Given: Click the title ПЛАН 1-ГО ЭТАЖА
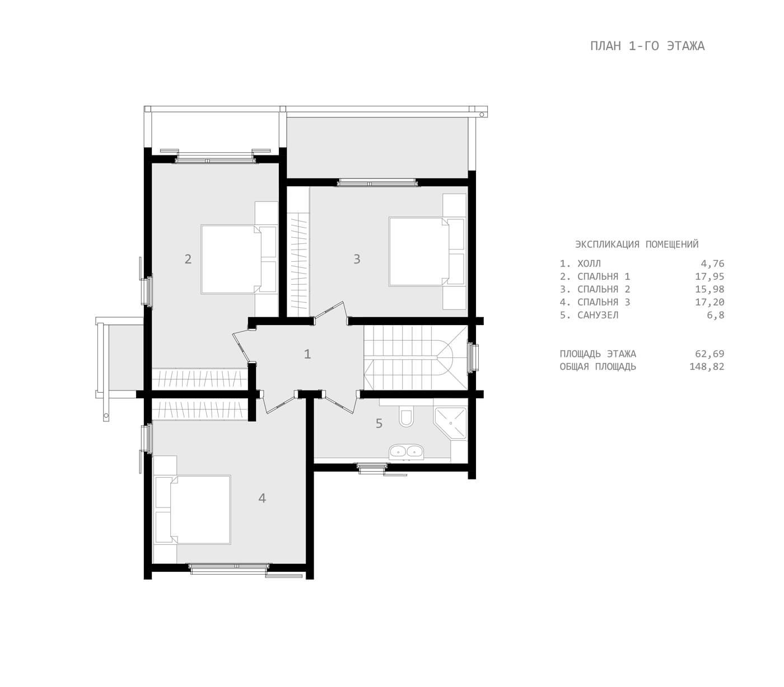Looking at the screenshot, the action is pyautogui.click(x=647, y=46).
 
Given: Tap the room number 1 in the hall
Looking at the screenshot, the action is pyautogui.click(x=307, y=354).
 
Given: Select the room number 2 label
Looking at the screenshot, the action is pyautogui.click(x=188, y=259).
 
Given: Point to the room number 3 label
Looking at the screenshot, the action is pyautogui.click(x=357, y=259).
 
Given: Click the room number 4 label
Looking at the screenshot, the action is pyautogui.click(x=262, y=498).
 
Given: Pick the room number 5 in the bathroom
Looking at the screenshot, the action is pyautogui.click(x=379, y=424).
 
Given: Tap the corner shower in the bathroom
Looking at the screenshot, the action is pyautogui.click(x=451, y=423).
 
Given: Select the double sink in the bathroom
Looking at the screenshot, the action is pyautogui.click(x=407, y=451).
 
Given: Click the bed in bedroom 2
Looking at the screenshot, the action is pyautogui.click(x=239, y=259).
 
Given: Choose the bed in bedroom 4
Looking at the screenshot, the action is pyautogui.click(x=193, y=510).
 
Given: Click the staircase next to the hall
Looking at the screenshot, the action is pyautogui.click(x=416, y=357).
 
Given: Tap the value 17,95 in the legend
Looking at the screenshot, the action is pyautogui.click(x=710, y=276).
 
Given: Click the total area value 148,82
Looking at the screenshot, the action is pyautogui.click(x=707, y=366).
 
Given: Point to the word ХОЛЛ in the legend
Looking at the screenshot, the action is pyautogui.click(x=589, y=263).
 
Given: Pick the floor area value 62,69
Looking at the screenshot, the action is pyautogui.click(x=710, y=354).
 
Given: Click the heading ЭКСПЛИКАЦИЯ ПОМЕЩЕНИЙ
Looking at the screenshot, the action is pyautogui.click(x=637, y=244).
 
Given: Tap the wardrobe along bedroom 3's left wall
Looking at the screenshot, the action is pyautogui.click(x=298, y=251).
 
